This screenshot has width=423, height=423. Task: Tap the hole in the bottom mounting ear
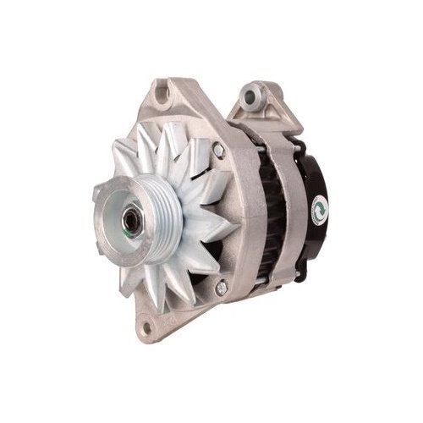pyautogui.click(x=153, y=324)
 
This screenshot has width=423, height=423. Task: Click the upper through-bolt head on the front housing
pyautogui.click(x=219, y=150)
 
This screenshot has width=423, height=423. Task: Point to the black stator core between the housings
pyautogui.click(x=269, y=211)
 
